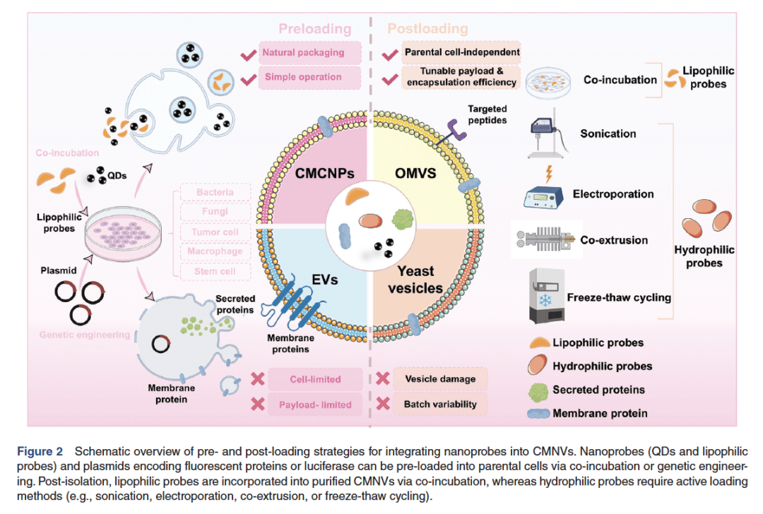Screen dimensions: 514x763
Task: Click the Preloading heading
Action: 314,29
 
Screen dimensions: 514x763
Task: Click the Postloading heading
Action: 427,29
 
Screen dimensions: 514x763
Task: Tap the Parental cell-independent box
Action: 462,53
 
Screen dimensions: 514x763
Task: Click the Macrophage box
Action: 216,251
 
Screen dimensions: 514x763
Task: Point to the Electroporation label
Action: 613,194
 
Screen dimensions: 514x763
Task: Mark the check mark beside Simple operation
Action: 248,78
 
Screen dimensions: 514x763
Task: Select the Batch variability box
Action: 439,405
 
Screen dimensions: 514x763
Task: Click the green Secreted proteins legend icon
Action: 539,390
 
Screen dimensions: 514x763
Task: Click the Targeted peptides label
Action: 487,114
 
